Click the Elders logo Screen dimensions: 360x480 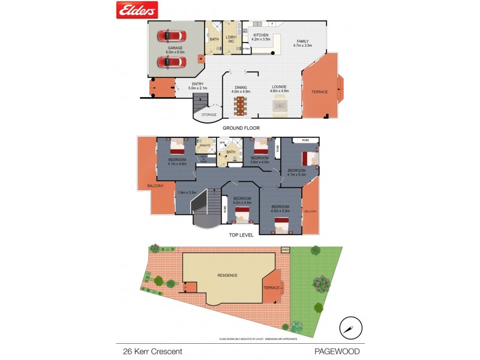point(136,10)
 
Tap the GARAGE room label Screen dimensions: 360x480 point(175,47)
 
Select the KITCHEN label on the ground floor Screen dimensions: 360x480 point(261,35)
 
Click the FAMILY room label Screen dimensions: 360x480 point(303,41)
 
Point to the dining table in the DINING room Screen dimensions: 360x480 point(241,106)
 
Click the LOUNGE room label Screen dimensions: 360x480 point(280,86)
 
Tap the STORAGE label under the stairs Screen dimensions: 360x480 point(209,115)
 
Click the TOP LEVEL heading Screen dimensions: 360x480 point(241,235)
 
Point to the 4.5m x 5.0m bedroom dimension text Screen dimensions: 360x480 point(280,211)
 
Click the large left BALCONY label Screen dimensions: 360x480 point(155,186)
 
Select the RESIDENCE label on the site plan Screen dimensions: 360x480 point(228,275)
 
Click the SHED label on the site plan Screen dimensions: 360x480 point(285,250)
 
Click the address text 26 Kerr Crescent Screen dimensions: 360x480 point(149,351)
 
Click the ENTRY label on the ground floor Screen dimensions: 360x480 point(197,84)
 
